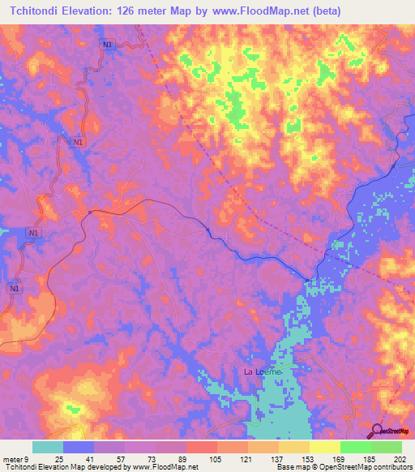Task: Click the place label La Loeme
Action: [x=262, y=371]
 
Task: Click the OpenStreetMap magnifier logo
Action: [x=378, y=431]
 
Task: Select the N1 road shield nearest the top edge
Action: [x=107, y=45]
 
